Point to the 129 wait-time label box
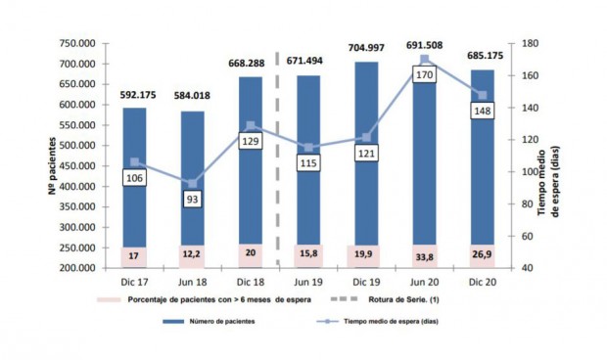coord(250,141)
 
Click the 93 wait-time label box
coord(194,200)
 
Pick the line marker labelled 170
coord(425,59)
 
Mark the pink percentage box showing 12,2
coord(194,256)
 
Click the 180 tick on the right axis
coord(529,44)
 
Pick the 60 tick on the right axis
coord(526,236)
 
